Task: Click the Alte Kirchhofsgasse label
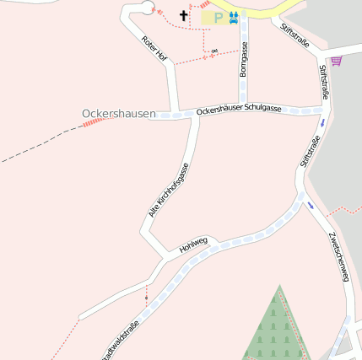pyautogui.click(x=169, y=189)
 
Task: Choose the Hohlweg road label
pyautogui.click(x=193, y=245)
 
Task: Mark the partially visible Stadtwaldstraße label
pyautogui.click(x=121, y=336)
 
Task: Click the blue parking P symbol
pyautogui.click(x=218, y=17)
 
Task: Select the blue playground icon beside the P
pyautogui.click(x=233, y=17)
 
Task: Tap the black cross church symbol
pyautogui.click(x=184, y=15)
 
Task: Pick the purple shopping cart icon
pyautogui.click(x=336, y=61)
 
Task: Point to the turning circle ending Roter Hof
pyautogui.click(x=147, y=8)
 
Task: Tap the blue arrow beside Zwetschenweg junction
pyautogui.click(x=311, y=205)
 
